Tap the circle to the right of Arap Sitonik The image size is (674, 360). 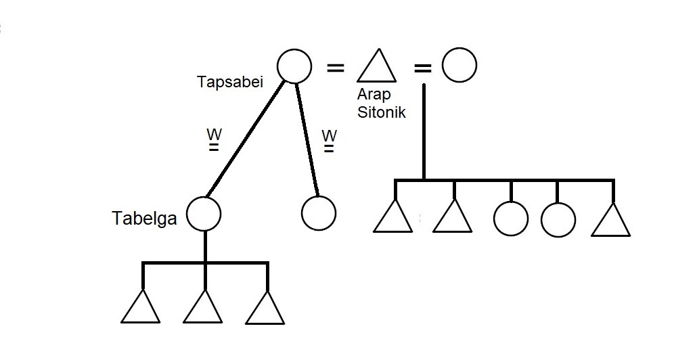[459, 66]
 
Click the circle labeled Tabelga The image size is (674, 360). [204, 214]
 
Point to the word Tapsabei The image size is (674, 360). [229, 82]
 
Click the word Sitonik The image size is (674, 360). [381, 112]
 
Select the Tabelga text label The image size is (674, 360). [145, 218]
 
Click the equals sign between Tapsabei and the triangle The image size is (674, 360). [335, 68]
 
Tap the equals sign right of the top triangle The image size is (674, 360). [422, 68]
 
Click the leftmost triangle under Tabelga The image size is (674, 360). [141, 309]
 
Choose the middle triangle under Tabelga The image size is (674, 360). [203, 309]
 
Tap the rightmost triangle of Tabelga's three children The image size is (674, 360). [265, 310]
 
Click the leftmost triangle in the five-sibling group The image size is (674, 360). [392, 218]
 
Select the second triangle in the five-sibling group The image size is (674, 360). [452, 218]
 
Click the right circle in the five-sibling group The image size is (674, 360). [558, 220]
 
